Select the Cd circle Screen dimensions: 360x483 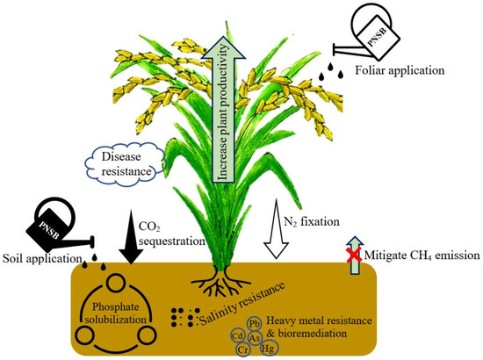(x=237, y=335)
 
